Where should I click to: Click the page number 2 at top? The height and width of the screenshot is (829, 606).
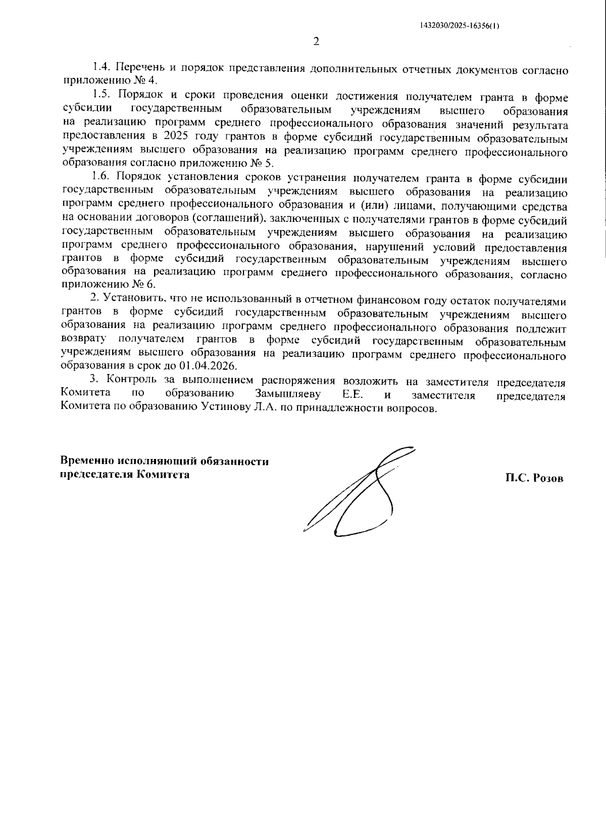click(x=317, y=42)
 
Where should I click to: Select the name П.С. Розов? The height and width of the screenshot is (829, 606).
click(x=534, y=478)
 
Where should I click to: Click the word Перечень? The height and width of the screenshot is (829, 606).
click(x=139, y=68)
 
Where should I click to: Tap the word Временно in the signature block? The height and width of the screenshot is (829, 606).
click(x=87, y=461)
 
